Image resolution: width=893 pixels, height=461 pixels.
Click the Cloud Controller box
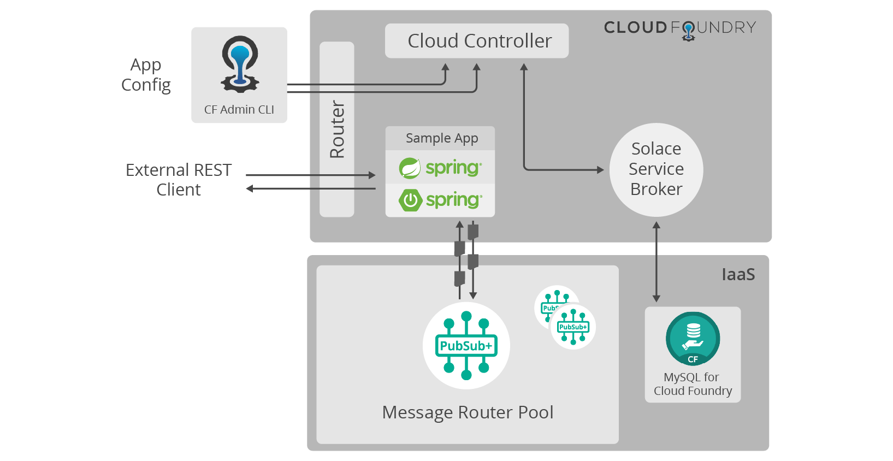476,41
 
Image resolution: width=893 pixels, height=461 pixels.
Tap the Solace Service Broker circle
656,169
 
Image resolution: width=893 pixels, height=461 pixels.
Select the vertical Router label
337,129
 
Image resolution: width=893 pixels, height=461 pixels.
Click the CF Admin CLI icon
240,64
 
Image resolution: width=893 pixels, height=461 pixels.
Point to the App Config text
146,75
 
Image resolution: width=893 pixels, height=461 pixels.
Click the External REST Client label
179,180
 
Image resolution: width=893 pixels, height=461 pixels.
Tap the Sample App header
441,138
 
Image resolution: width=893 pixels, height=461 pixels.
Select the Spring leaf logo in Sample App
410,168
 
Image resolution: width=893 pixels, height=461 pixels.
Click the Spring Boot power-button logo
410,200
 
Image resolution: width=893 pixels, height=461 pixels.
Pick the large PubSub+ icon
466,345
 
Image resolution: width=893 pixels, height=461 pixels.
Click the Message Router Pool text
468,412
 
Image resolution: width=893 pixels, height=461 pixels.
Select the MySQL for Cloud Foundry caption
693,384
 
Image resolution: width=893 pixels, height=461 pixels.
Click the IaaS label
738,274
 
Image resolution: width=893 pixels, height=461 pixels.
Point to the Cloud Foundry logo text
680,28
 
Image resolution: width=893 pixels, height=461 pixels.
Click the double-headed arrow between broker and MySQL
657,262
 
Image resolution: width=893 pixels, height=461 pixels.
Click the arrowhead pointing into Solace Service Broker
600,170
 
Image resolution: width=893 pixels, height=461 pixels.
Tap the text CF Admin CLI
239,110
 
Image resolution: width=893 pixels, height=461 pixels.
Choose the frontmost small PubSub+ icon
573,327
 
